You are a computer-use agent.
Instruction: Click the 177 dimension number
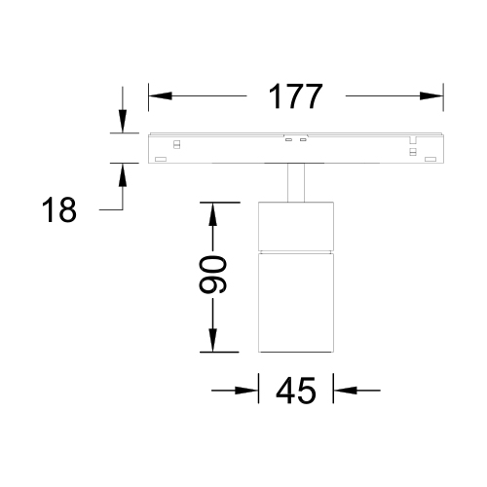[295, 96]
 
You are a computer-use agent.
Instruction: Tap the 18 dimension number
[59, 209]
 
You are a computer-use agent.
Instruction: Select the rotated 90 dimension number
[212, 275]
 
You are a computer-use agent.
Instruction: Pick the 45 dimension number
[295, 391]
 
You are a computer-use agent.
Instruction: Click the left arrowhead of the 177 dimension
[160, 96]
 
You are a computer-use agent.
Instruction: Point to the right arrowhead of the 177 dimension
[431, 96]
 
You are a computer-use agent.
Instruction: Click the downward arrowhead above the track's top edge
[123, 122]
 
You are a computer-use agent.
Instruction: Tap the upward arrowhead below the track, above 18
[123, 174]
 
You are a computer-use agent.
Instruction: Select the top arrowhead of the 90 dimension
[212, 214]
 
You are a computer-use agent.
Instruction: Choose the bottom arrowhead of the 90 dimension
[212, 340]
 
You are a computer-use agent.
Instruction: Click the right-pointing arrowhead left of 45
[246, 391]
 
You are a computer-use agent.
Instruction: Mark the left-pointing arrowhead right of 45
[345, 391]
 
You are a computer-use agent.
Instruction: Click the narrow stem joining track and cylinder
[296, 182]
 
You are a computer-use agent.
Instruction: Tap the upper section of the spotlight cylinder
[296, 226]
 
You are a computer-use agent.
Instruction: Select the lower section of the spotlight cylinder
[296, 303]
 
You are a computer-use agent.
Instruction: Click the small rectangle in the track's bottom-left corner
[161, 159]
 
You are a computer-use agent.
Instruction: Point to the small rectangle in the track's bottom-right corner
[431, 159]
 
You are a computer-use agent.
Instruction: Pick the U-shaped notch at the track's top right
[413, 140]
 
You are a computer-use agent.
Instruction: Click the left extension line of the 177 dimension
[149, 97]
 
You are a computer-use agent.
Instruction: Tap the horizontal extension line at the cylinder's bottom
[219, 352]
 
